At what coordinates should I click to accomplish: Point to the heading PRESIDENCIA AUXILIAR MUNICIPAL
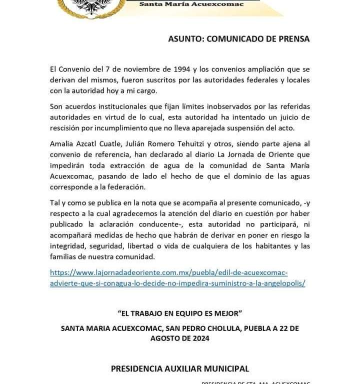click(179, 369)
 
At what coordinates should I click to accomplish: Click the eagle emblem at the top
click(91, 6)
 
